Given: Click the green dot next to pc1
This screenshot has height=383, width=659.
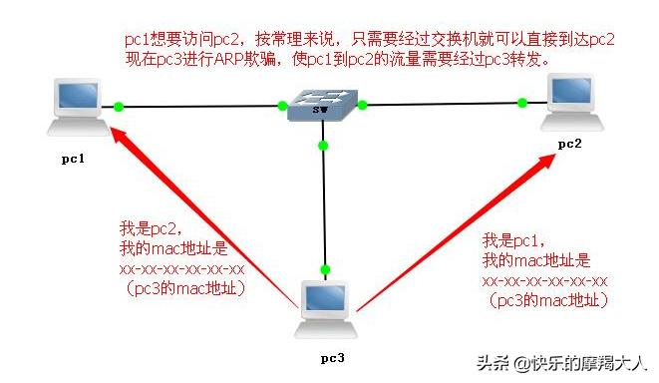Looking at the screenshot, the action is click(119, 105).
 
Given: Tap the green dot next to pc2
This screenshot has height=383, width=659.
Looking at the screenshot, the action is click(521, 101).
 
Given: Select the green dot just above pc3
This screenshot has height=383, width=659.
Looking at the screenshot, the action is click(324, 269).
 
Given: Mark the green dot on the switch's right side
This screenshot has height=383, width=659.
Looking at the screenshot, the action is click(362, 103).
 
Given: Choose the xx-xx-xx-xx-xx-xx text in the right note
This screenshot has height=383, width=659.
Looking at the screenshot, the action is click(543, 280).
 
